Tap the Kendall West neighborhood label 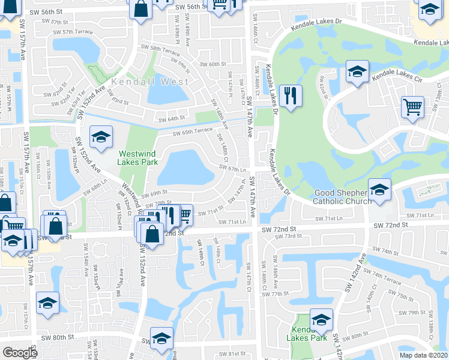tap(149, 81)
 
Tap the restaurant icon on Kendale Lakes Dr tap(291, 96)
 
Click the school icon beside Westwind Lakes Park tap(101, 137)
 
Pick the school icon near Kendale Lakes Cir tap(357, 73)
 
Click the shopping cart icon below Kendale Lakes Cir tap(413, 107)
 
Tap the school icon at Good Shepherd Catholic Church tap(379, 190)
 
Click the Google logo tap(20, 352)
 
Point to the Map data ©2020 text tap(423, 355)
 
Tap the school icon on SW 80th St tap(161, 338)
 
